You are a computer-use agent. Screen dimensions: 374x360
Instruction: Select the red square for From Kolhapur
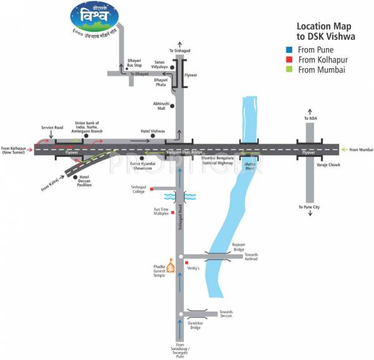292,60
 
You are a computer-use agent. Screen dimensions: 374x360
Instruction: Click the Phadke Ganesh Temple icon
167,265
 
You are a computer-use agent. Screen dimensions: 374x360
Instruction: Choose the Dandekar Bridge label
196,324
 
